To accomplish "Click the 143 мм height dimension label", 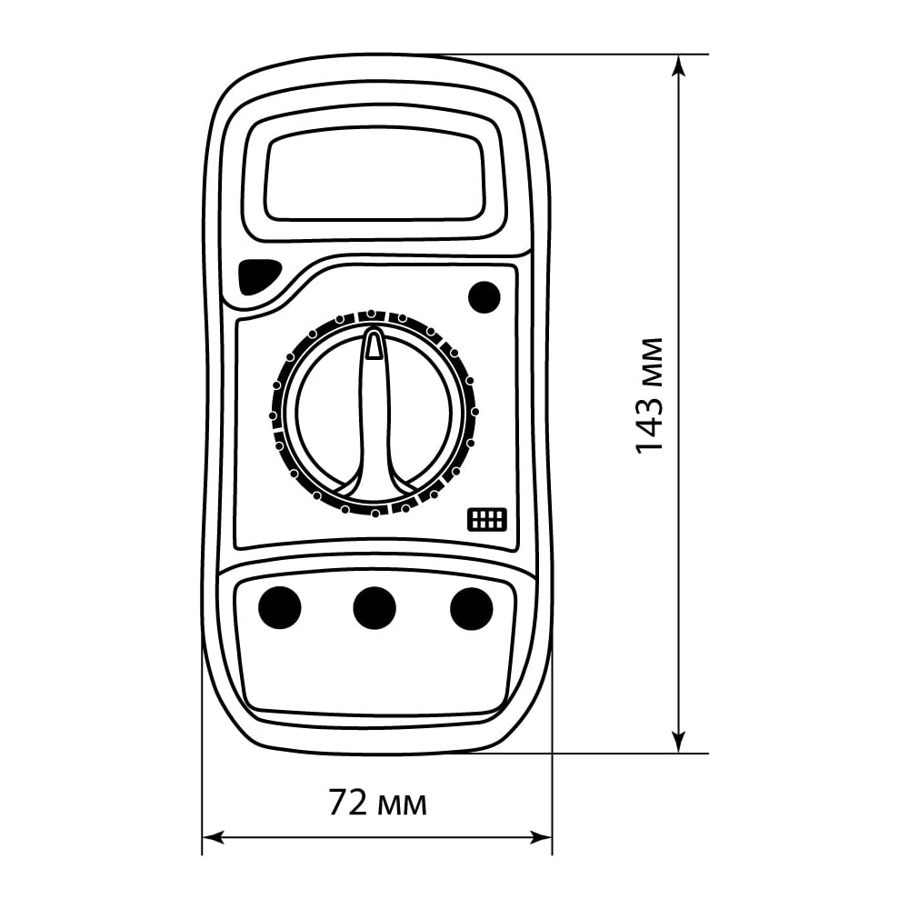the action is point(649,395).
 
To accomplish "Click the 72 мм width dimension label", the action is point(377,803).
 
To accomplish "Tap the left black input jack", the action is point(279,608).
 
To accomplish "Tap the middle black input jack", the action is point(375,608).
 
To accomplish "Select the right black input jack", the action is point(471,608).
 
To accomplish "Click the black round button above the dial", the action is point(484,297).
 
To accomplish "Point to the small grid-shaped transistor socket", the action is point(487,519).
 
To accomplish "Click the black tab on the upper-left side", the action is point(258,276).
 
